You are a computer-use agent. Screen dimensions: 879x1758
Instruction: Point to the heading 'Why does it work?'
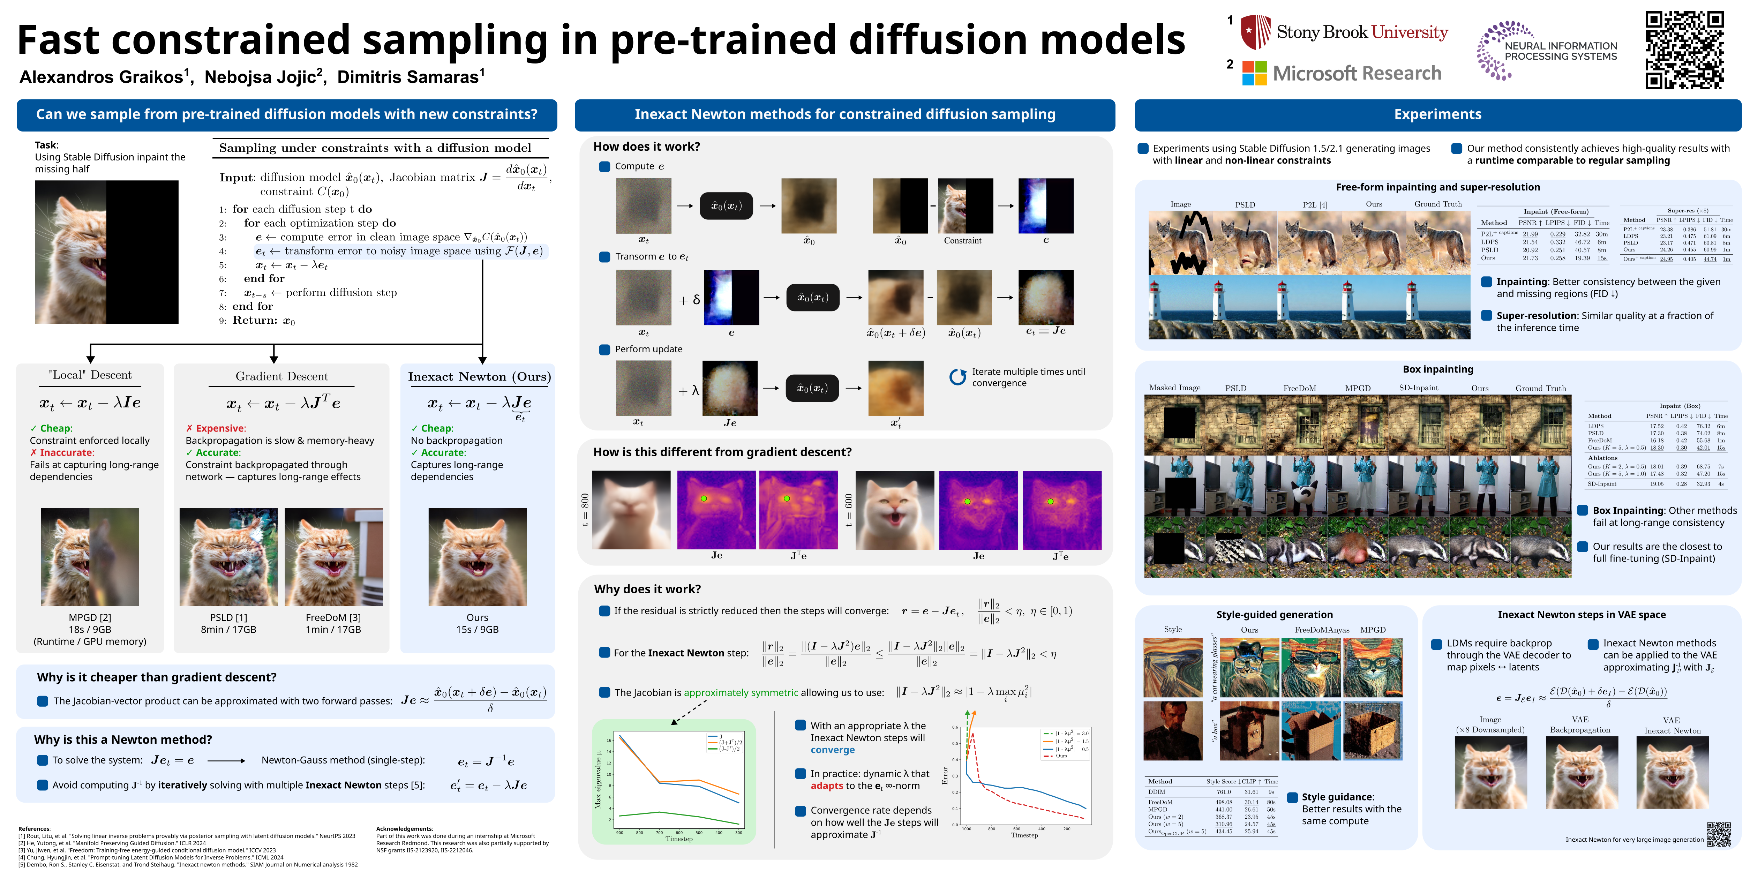pos(647,589)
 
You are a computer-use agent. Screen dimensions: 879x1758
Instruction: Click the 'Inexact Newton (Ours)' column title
pos(479,377)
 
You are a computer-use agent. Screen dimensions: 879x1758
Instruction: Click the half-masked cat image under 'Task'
pos(106,252)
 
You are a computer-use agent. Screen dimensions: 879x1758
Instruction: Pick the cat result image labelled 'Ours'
pos(477,557)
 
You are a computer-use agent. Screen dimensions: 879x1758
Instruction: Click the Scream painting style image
pos(1172,667)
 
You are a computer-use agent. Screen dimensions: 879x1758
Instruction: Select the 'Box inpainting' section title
pos(1437,369)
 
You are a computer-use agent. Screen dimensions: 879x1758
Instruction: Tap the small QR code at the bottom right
pos(1719,834)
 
